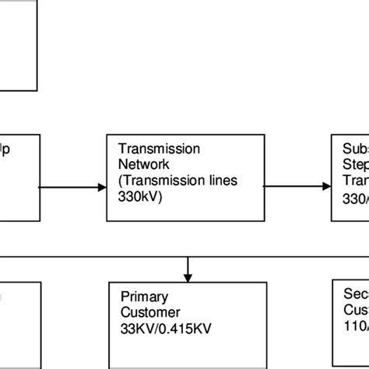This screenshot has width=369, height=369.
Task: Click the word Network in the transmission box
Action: tap(138, 163)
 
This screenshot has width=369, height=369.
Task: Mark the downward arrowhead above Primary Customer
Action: tap(188, 276)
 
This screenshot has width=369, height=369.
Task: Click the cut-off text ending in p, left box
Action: tap(5, 149)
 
